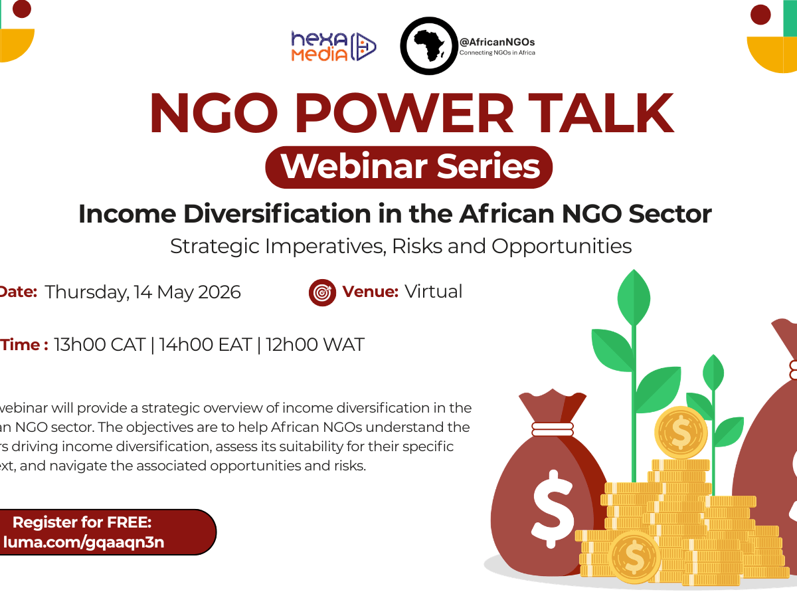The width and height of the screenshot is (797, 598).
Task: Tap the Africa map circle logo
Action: coord(428,45)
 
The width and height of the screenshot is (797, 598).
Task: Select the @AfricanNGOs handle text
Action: coord(497,42)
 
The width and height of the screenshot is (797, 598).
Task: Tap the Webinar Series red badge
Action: coord(409,167)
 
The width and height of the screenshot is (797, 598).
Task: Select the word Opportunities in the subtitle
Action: coord(561,247)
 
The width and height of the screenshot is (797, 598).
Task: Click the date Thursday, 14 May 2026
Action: coord(143,292)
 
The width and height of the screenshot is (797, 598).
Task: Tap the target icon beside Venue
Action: coord(323,292)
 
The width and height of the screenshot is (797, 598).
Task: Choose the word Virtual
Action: coord(433,292)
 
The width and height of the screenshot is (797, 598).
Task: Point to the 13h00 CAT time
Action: coord(100,346)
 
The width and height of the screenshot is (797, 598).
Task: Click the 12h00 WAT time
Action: coord(315,346)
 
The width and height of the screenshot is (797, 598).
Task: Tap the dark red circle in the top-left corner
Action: coord(22,8)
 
